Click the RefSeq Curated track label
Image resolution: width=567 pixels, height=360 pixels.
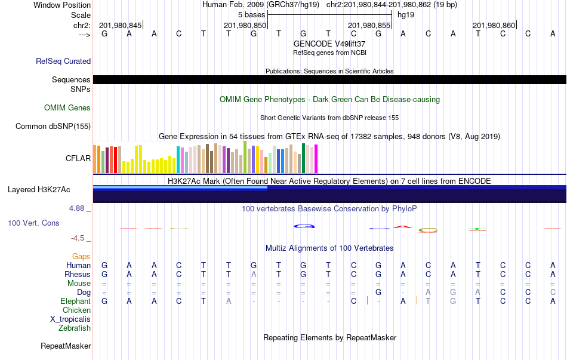(63, 61)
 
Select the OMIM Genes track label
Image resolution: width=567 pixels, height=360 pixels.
(67, 108)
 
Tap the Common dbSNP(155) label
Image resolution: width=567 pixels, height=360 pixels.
(53, 126)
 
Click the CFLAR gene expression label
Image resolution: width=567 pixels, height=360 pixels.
(78, 158)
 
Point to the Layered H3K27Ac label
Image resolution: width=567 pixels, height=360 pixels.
(39, 190)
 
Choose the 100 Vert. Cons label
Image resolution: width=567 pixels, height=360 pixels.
(33, 223)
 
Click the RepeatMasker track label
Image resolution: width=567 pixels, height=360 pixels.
(66, 346)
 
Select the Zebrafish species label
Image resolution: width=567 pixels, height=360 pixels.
(75, 328)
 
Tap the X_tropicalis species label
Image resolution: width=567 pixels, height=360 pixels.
(70, 319)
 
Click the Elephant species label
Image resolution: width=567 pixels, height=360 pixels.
(75, 301)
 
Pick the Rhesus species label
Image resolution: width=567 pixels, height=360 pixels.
(78, 274)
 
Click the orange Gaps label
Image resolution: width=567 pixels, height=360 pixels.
(81, 256)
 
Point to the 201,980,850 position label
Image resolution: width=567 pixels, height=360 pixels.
(245, 25)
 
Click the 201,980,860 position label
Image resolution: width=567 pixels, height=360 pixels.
(494, 25)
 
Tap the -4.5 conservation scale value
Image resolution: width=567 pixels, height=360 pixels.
(78, 238)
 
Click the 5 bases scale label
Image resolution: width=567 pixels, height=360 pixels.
(251, 14)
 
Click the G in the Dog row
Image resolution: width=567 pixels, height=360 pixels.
(378, 292)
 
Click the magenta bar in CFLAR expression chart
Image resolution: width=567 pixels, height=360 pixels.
(316, 159)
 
